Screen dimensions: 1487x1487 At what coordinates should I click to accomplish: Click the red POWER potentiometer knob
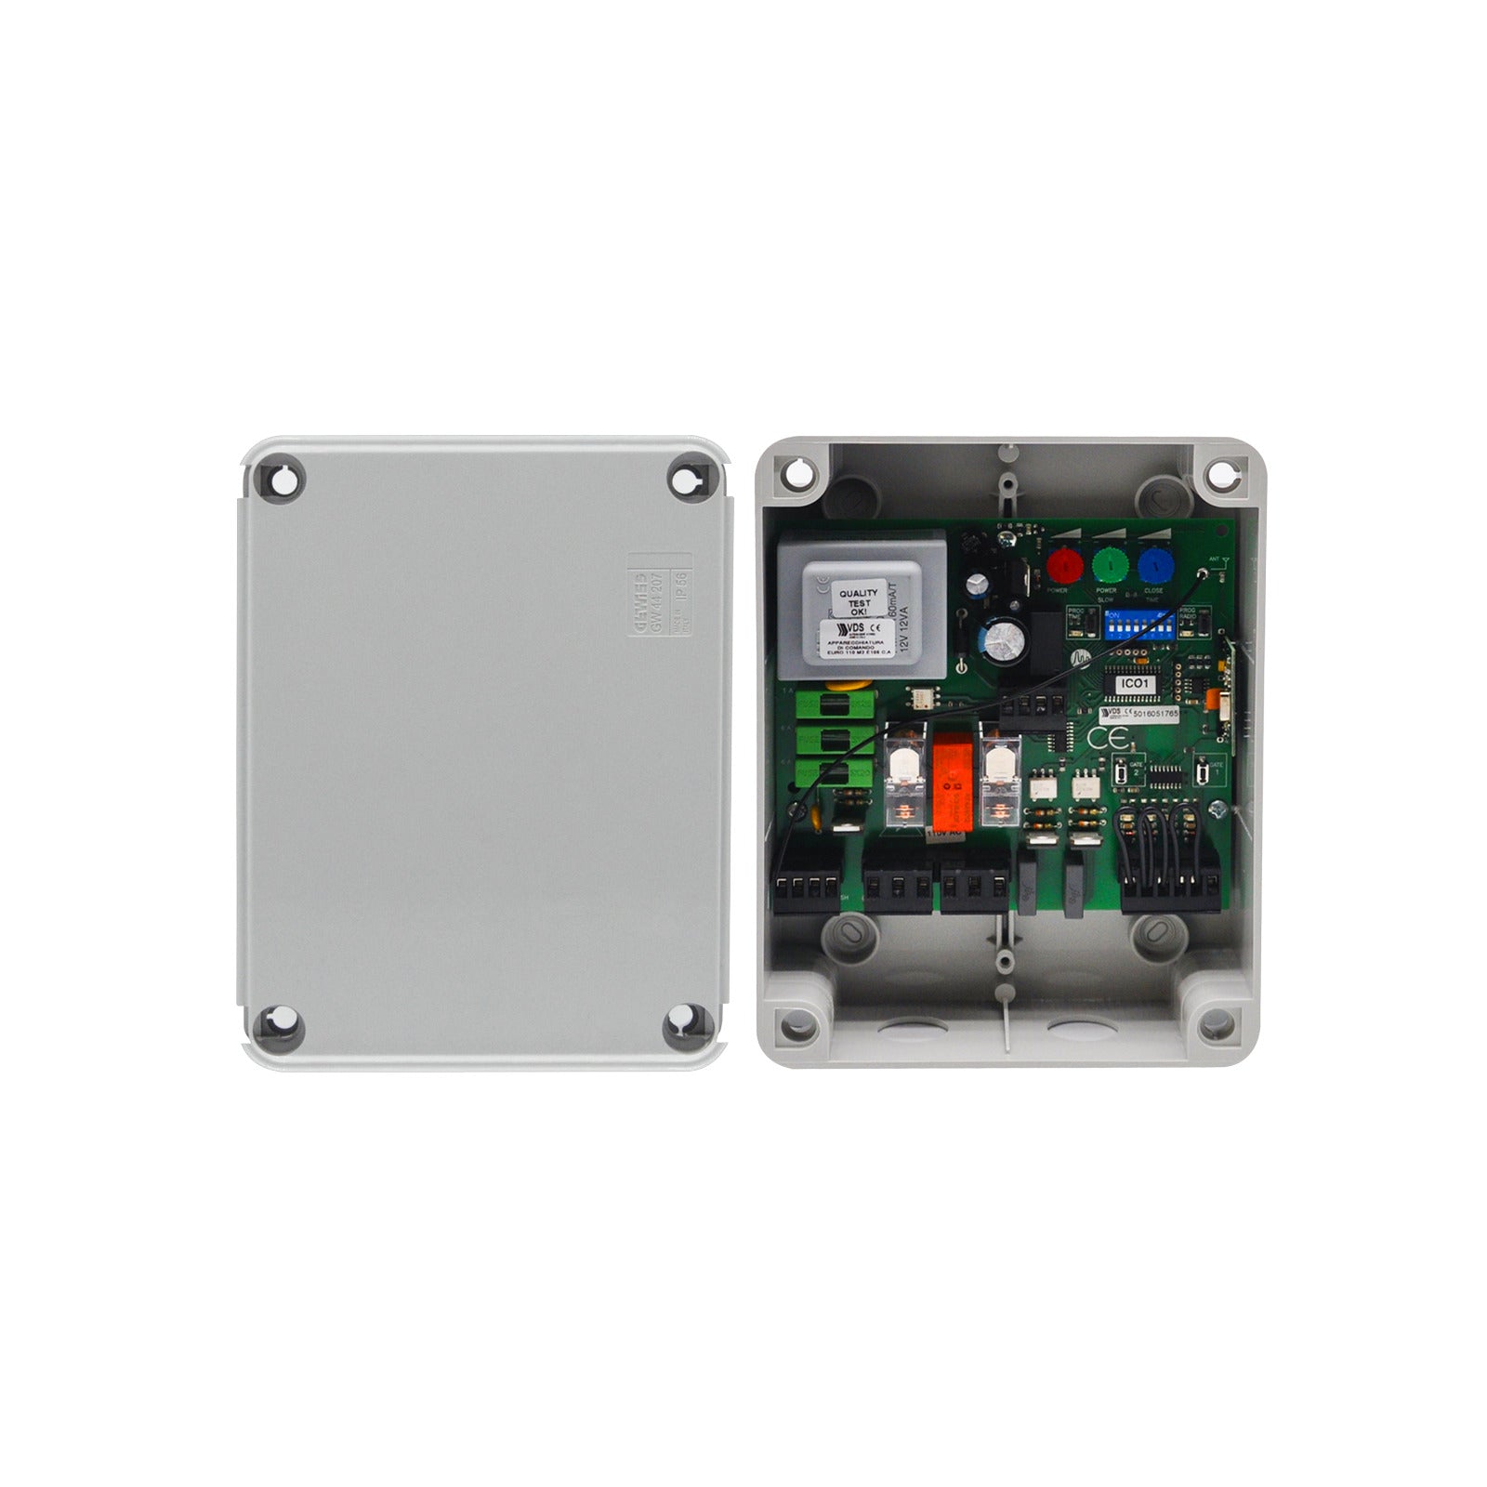(x=1065, y=563)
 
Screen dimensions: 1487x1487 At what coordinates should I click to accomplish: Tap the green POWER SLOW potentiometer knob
(x=1109, y=563)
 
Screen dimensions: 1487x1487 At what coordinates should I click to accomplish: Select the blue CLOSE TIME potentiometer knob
(x=1154, y=563)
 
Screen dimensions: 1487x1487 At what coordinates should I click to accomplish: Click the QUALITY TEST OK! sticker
(x=858, y=599)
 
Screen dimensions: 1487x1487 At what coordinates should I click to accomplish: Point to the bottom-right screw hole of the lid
(x=688, y=1027)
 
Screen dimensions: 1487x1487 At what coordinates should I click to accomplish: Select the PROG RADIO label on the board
(x=1187, y=614)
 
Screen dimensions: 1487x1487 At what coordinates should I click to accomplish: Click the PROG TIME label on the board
(x=1076, y=614)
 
